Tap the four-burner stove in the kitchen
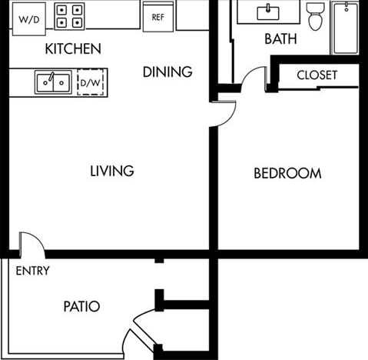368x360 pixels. click(69, 16)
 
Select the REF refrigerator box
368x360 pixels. click(157, 16)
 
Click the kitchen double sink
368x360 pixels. click(53, 82)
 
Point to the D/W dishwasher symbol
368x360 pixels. click(92, 82)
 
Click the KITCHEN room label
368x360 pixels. click(73, 49)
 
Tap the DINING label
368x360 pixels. click(167, 72)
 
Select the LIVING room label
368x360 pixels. click(111, 171)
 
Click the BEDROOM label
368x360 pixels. click(287, 173)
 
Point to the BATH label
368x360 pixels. click(280, 38)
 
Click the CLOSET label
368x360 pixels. click(317, 75)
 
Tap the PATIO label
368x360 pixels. click(81, 306)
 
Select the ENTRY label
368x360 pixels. click(32, 271)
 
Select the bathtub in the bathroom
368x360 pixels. click(345, 28)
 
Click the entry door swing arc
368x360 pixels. click(32, 245)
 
